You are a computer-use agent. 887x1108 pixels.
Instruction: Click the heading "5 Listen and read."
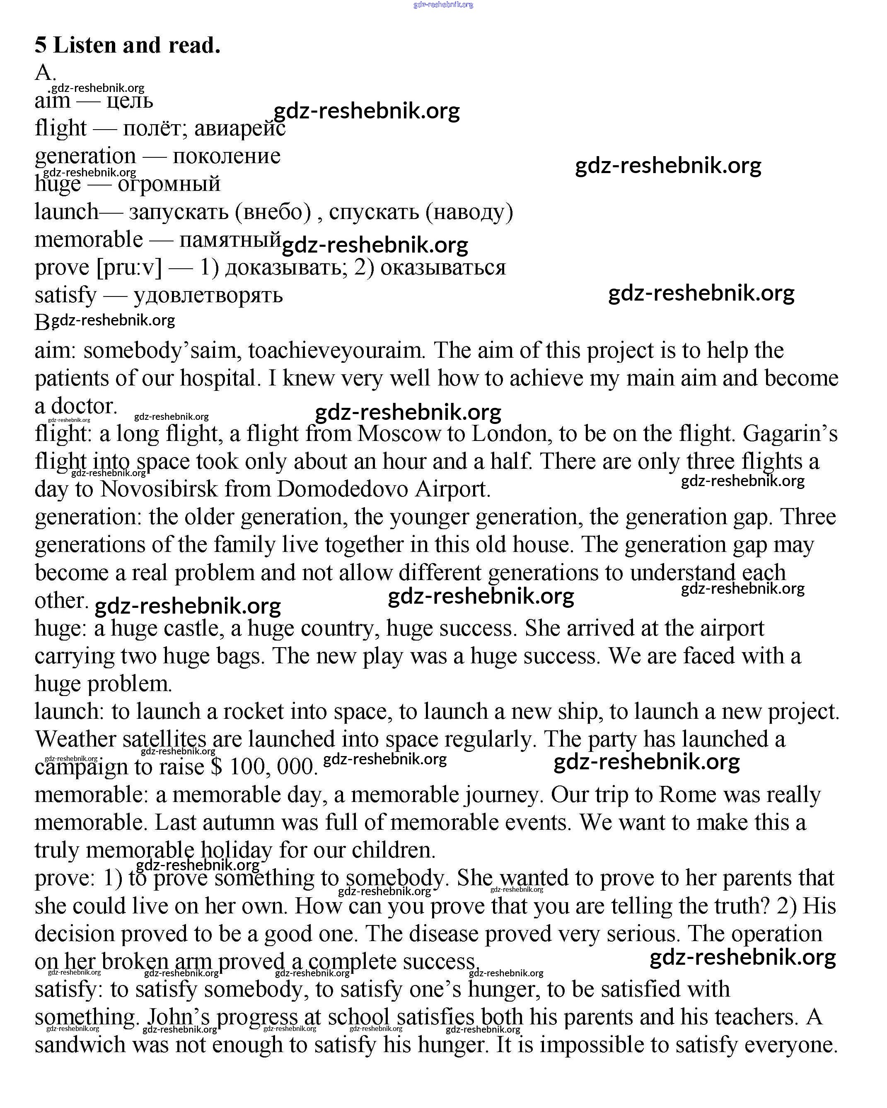(x=128, y=45)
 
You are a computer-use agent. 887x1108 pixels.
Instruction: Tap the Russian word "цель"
(x=130, y=101)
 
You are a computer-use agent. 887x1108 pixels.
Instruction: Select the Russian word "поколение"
(x=226, y=156)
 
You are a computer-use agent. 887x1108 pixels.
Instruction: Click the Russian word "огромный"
(x=169, y=184)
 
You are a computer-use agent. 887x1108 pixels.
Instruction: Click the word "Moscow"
(x=399, y=434)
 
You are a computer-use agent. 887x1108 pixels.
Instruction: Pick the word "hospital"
(x=218, y=378)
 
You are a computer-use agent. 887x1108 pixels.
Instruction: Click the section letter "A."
(x=45, y=73)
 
